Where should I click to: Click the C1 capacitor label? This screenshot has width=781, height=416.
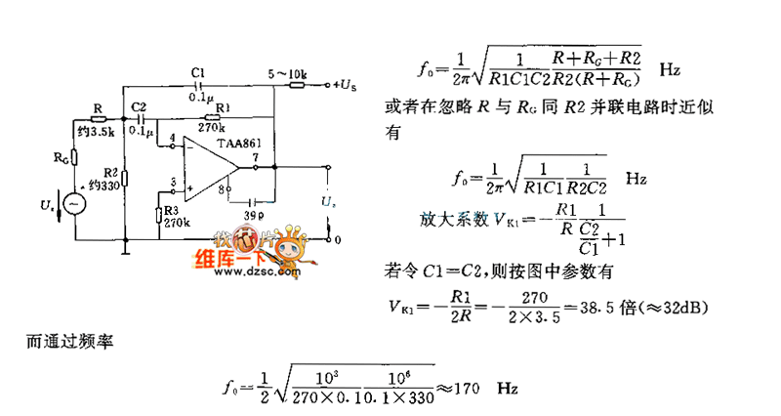199,73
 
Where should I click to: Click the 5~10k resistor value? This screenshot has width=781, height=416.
287,72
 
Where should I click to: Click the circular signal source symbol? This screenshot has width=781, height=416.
72,203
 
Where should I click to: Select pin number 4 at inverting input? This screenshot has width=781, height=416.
172,140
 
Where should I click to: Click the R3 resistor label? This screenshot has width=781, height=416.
172,210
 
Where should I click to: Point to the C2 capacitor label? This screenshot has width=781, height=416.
139,105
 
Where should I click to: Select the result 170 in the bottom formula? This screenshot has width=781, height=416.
466,389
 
